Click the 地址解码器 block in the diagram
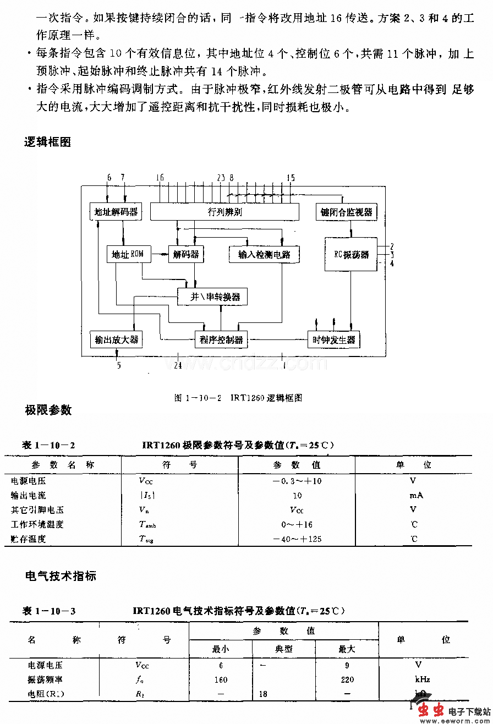115,212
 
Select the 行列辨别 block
225,212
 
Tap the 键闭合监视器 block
347,212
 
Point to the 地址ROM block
128,254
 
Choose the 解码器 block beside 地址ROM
185,254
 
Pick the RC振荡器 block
351,254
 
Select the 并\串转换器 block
212,297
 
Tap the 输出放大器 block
116,339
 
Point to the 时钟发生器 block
333,339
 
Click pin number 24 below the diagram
178,365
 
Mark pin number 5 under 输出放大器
119,365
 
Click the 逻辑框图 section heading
47,141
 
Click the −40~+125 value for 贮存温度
297,539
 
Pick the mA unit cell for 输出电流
415,495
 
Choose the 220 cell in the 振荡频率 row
347,679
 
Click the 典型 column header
284,649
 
